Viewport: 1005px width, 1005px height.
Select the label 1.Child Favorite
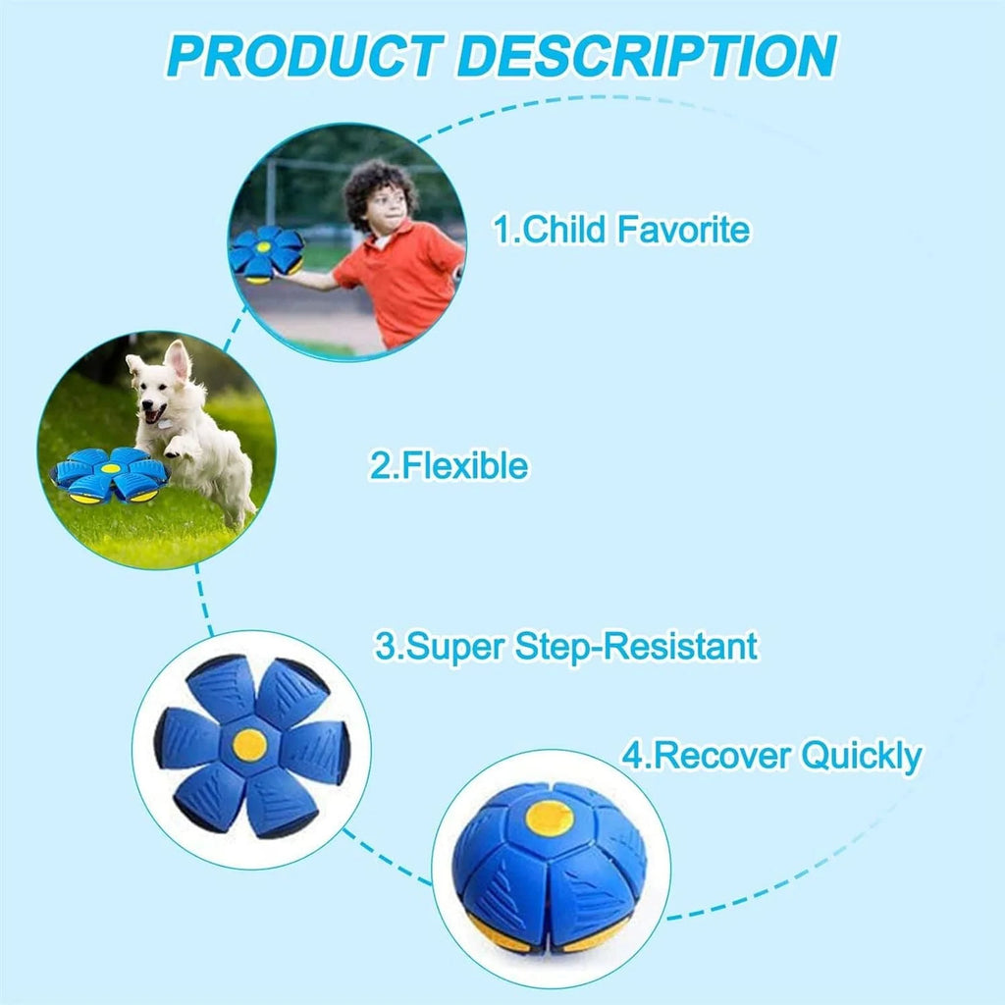coord(620,231)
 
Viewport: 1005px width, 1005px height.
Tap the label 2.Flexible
coord(449,466)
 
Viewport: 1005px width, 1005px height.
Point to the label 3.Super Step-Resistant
coord(566,647)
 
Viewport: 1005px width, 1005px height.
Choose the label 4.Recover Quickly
coord(771,757)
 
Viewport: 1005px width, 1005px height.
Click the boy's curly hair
coord(380,190)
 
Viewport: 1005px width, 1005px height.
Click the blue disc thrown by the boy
coord(266,252)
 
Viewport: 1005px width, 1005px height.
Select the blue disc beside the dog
coord(109,475)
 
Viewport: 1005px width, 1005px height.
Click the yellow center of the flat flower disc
coord(250,745)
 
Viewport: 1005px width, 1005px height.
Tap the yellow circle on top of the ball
coord(550,818)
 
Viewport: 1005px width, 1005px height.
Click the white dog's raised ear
coord(178,359)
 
